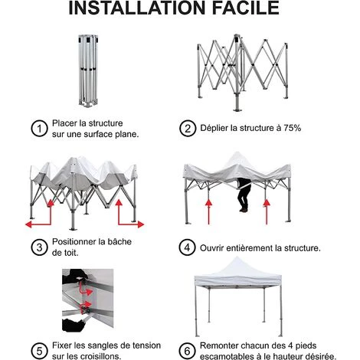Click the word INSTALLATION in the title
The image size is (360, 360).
pos(137,8)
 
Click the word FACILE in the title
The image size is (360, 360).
pos(246,8)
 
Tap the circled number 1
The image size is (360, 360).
pos(39,129)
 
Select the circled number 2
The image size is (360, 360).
pos(188,129)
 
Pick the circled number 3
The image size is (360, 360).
pos(39,247)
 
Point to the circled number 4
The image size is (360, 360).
pos(188,247)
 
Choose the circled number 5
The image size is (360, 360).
pos(39,351)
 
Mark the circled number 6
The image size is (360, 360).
pos(188,351)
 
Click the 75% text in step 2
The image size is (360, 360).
pos(293,128)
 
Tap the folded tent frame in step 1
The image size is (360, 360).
pos(88,70)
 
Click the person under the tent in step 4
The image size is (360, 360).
pos(244,195)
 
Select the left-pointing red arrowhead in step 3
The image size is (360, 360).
pos(28,224)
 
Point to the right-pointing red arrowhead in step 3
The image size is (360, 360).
pos(141,224)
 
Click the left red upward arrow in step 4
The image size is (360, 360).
pos(209,211)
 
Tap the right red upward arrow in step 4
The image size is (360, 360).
pos(267,211)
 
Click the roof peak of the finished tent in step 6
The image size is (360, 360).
pos(237,257)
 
